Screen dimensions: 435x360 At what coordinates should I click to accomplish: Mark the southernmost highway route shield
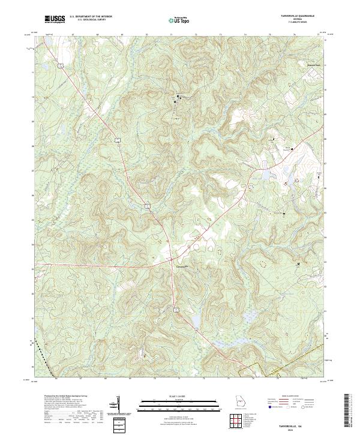click(x=176, y=310)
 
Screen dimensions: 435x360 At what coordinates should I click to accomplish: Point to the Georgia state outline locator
click(x=238, y=402)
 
